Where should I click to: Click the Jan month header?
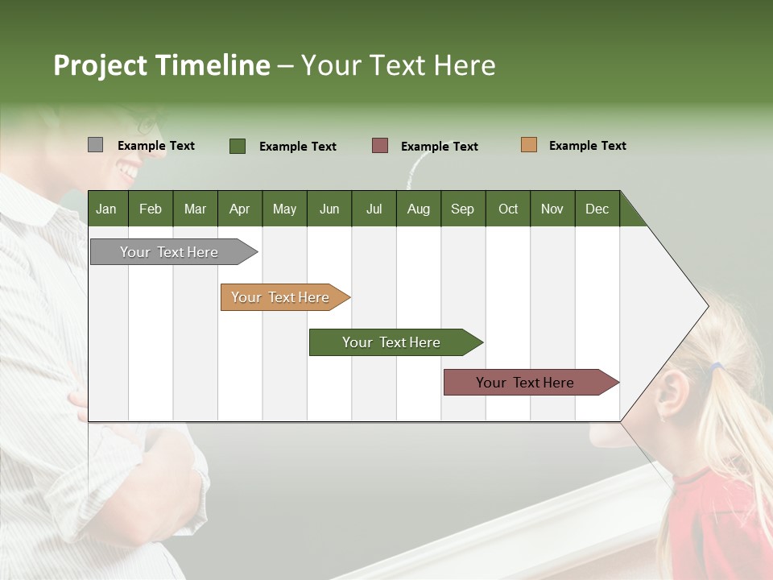pyautogui.click(x=106, y=209)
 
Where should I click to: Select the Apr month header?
pyautogui.click(x=239, y=209)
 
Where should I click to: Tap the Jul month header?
pyautogui.click(x=374, y=209)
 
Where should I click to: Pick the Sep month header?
pyautogui.click(x=462, y=209)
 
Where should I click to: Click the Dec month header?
pyautogui.click(x=597, y=209)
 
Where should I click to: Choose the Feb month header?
pyautogui.click(x=151, y=209)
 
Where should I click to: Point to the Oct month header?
pyautogui.click(x=508, y=209)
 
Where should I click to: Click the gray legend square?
pyautogui.click(x=95, y=145)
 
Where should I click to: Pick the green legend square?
pyautogui.click(x=238, y=146)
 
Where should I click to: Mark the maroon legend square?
pyautogui.click(x=380, y=146)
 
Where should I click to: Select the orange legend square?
pyautogui.click(x=529, y=145)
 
